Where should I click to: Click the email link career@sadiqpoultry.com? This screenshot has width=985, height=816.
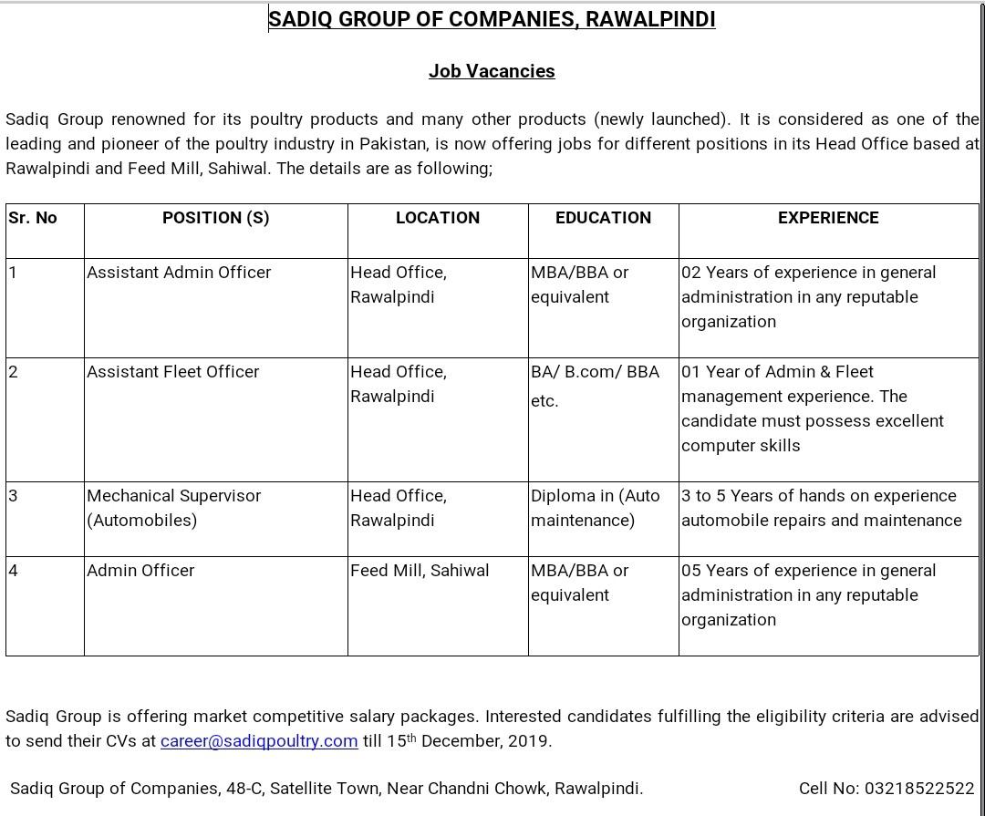pyautogui.click(x=258, y=741)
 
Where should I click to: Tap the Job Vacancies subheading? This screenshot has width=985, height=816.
pyautogui.click(x=492, y=71)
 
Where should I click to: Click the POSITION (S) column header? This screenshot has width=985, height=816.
pyautogui.click(x=215, y=218)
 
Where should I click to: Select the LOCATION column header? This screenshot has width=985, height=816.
pyautogui.click(x=437, y=218)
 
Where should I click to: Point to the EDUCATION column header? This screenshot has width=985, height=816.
pyautogui.click(x=603, y=218)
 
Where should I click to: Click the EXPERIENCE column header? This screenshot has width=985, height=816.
pyautogui.click(x=828, y=218)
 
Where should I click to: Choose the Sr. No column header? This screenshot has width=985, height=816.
pyautogui.click(x=33, y=218)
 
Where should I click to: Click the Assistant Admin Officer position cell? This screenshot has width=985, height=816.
pyautogui.click(x=179, y=273)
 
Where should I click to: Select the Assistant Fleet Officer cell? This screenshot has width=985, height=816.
pyautogui.click(x=172, y=372)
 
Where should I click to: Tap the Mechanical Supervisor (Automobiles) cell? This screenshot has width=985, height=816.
pyautogui.click(x=173, y=508)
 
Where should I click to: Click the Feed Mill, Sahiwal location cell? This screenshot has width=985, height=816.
pyautogui.click(x=420, y=571)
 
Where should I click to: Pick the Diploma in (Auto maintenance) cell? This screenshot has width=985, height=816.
pyautogui.click(x=595, y=508)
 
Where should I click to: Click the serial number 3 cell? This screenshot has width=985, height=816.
pyautogui.click(x=14, y=496)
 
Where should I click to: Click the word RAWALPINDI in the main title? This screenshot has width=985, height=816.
pyautogui.click(x=650, y=19)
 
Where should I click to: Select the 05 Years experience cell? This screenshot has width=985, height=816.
pyautogui.click(x=808, y=594)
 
